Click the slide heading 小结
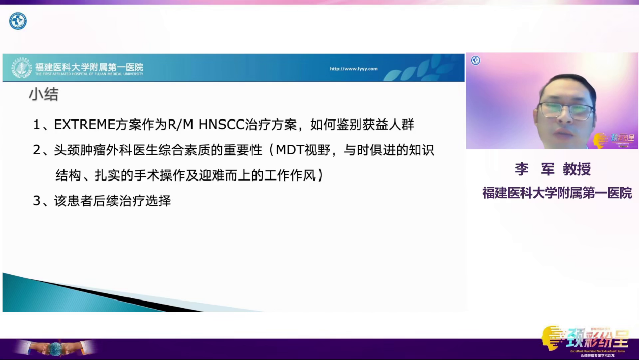43,95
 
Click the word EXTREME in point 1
78,124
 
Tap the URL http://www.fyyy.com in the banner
353,69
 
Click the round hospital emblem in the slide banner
22,68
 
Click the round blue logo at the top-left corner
18,21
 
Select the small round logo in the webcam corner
475,61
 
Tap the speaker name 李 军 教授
552,169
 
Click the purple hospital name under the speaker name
557,193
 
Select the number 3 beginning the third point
36,201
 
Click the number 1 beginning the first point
36,124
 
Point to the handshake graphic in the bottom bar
55,348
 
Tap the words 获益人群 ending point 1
390,124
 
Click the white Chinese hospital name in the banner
89,67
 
